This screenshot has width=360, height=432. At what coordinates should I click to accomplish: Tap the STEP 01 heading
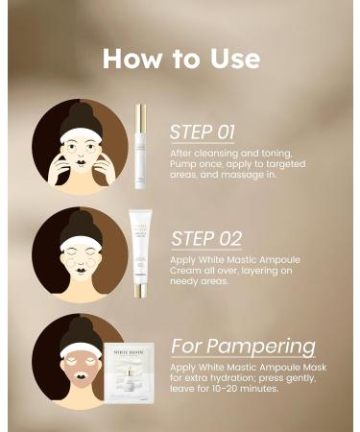[x=204, y=132]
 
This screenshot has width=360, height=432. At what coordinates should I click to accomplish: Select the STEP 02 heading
[x=205, y=238]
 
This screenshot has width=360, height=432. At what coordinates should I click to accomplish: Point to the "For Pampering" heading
[x=242, y=345]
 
